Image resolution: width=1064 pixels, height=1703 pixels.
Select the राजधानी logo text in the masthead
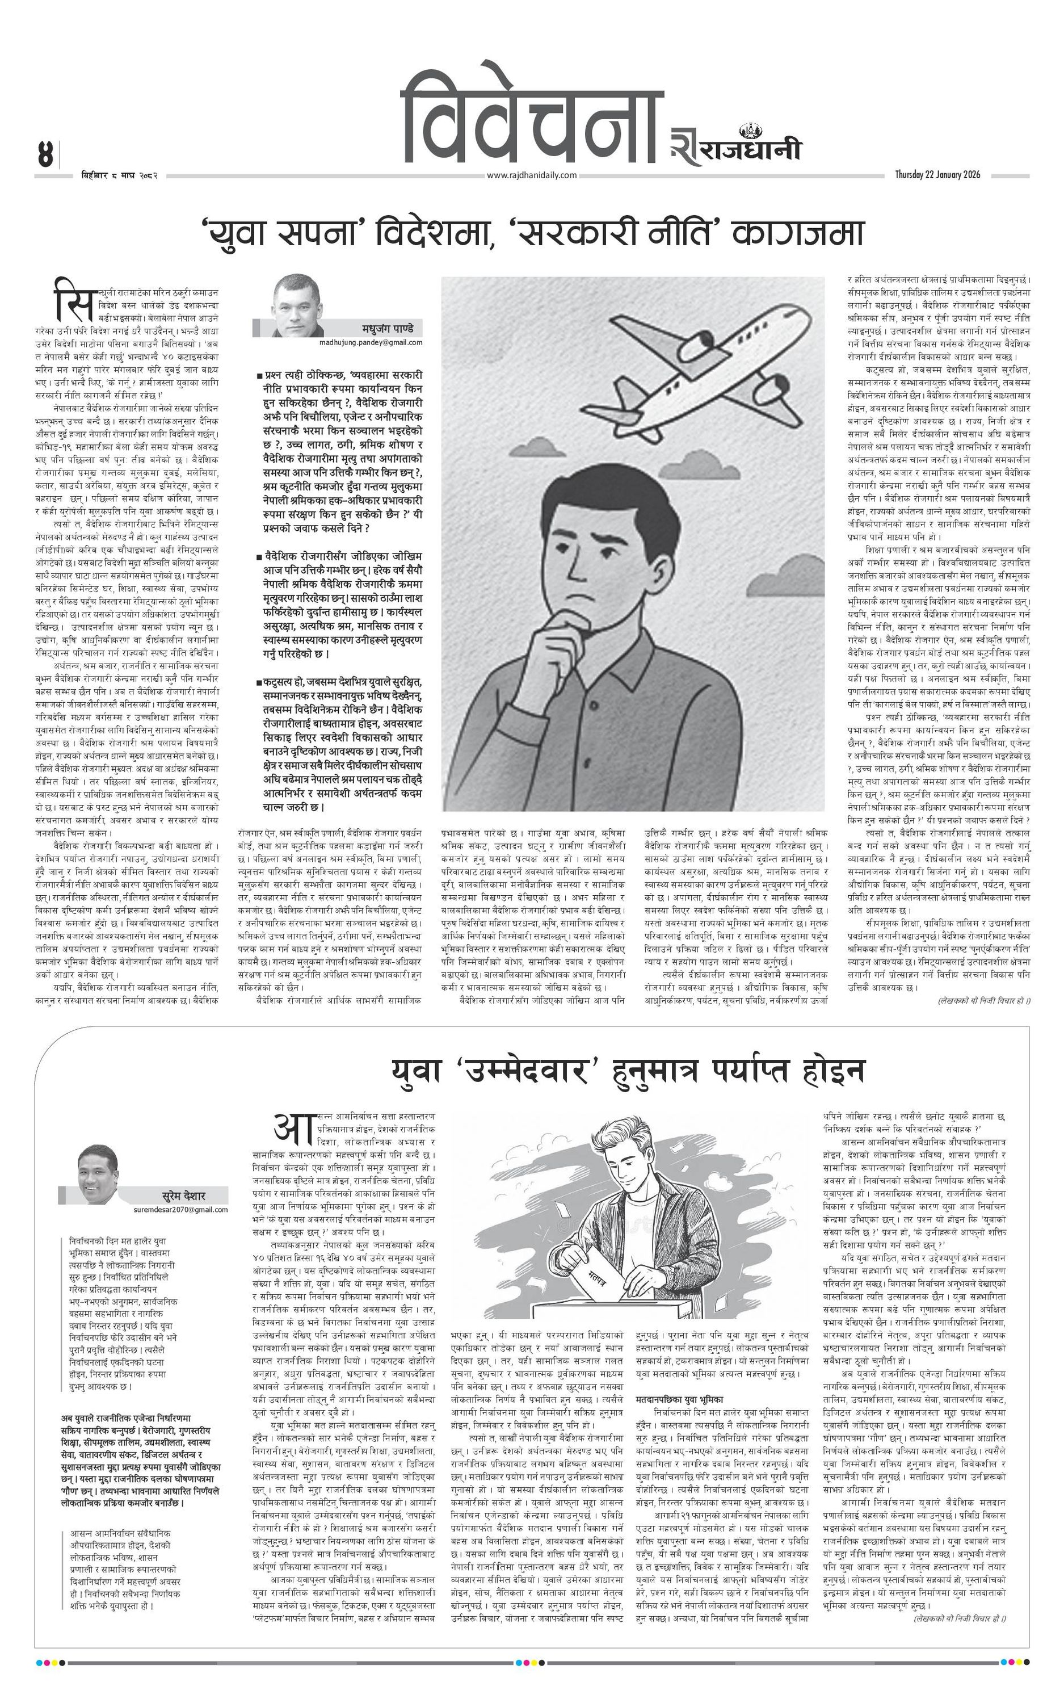pyautogui.click(x=747, y=149)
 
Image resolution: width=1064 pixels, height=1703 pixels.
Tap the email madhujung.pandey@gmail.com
pyautogui.click(x=370, y=343)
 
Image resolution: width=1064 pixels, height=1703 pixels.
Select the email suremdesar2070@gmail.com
pyautogui.click(x=180, y=1210)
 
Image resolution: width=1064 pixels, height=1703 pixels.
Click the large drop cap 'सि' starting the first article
pyautogui.click(x=73, y=299)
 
